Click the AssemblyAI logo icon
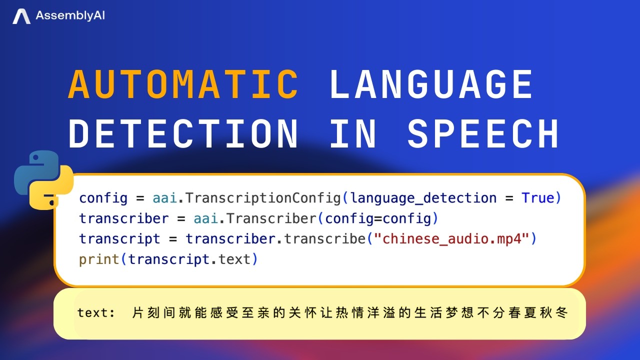point(21,16)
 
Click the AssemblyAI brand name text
point(70,16)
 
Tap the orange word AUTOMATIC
point(183,84)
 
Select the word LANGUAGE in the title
point(431,84)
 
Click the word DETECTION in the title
point(183,134)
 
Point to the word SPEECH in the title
point(483,134)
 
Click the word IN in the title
point(353,134)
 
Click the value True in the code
point(538,198)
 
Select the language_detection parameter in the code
point(423,198)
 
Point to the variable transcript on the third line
point(119,239)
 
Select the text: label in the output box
point(96,313)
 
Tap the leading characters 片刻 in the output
point(144,313)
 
